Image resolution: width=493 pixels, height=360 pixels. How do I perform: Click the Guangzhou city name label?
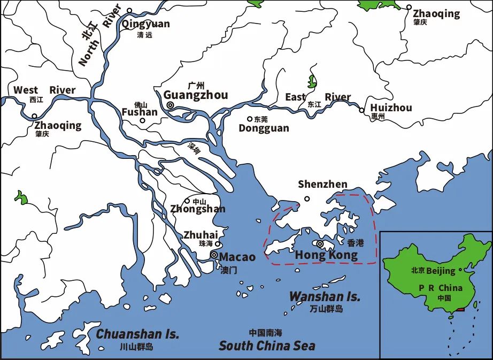coord(196,95)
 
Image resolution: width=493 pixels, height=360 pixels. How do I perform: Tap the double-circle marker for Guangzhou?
coord(170,106)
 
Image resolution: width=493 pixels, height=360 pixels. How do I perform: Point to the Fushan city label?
coord(140,112)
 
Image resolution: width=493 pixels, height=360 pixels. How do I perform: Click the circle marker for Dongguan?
coord(249,119)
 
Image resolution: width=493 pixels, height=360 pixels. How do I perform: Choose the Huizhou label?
coord(391,108)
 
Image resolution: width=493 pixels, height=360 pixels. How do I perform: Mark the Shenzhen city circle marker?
coord(307,199)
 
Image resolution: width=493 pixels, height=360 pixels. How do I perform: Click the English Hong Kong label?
coord(326,256)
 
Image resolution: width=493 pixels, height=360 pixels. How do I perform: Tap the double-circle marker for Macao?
coord(214,256)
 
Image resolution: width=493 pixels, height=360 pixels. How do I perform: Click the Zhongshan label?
coord(198,209)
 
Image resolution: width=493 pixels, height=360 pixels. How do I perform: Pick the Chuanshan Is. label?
coord(137,334)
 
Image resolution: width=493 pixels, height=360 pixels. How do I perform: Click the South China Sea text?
coord(267,346)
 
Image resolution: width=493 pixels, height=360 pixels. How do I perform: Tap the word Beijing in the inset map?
coord(441,271)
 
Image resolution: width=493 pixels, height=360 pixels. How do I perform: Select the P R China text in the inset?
coord(441,288)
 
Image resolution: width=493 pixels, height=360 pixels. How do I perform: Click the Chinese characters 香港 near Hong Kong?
coord(355,243)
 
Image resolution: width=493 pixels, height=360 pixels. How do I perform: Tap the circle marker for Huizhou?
coord(361,110)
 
